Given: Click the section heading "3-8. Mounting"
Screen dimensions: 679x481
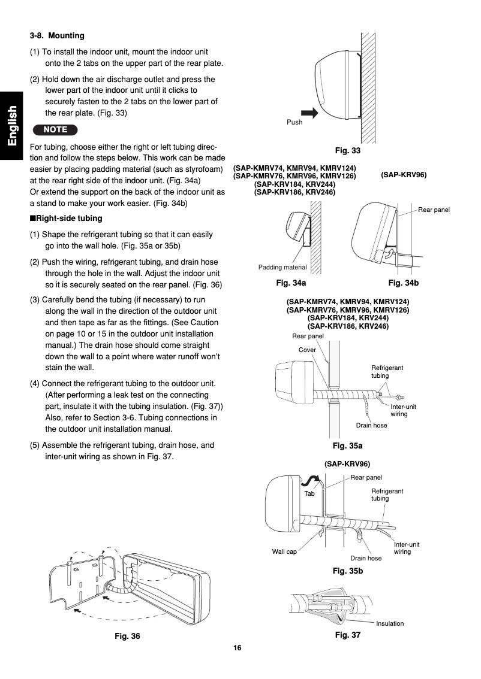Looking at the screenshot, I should tap(57, 36).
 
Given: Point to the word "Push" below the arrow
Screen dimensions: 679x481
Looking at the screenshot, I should tap(294, 122).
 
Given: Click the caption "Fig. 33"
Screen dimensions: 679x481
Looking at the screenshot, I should tap(348, 150).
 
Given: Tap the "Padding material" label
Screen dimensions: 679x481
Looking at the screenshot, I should tap(282, 267).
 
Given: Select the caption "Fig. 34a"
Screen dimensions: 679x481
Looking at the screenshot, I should tap(291, 282).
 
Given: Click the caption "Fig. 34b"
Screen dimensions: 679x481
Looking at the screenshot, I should tap(403, 282).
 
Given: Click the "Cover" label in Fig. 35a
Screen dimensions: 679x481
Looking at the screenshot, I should tap(307, 350).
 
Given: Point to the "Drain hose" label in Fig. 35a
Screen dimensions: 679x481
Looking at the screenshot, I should tap(371, 425).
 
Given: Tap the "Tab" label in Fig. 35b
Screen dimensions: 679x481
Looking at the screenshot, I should tap(309, 494).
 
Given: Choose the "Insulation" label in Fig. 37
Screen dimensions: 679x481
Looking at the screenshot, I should tap(390, 623).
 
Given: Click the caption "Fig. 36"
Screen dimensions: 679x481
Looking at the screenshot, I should tap(127, 636).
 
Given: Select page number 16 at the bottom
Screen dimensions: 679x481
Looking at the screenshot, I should tap(238, 648).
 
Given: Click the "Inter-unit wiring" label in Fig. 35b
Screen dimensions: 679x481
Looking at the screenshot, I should tap(406, 548).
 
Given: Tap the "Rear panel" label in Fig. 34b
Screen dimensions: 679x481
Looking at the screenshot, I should tap(434, 210).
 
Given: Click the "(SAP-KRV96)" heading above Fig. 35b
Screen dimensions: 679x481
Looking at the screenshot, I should tap(347, 464).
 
